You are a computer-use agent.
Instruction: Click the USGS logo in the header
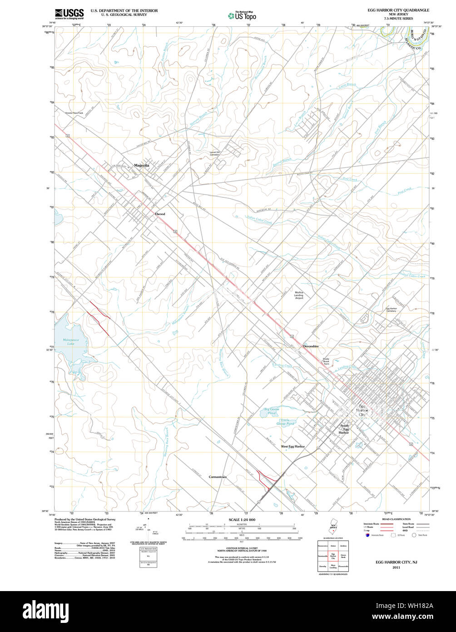click(69, 14)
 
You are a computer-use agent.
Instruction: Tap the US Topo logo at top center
click(242, 15)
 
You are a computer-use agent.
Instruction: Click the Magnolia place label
click(141, 166)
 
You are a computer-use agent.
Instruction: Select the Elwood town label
click(159, 214)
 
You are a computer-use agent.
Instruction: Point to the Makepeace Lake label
click(64, 342)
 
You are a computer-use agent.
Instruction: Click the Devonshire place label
click(311, 346)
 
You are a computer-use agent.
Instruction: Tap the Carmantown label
click(218, 477)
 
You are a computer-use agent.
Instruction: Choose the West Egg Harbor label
click(292, 446)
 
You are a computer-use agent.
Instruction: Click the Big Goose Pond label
click(272, 411)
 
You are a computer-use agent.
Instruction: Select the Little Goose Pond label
click(285, 422)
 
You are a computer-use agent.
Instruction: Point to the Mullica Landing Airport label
click(299, 296)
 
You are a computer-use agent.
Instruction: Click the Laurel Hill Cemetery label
click(214, 154)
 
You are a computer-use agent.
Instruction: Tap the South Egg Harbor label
click(345, 429)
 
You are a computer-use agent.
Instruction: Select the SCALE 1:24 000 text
click(242, 520)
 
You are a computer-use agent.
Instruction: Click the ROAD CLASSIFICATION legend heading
click(396, 519)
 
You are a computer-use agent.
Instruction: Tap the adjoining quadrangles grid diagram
click(333, 555)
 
